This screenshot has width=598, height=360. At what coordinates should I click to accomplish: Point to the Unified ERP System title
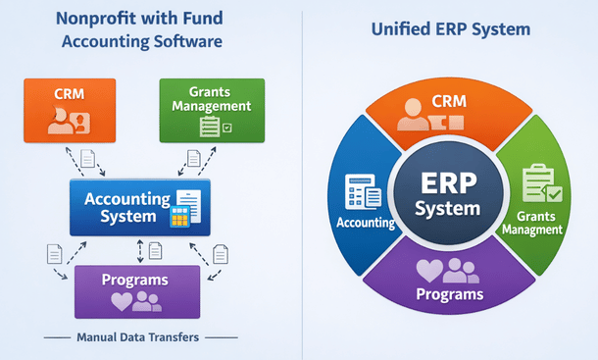click(451, 30)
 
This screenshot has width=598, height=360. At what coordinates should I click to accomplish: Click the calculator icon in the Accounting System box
click(180, 218)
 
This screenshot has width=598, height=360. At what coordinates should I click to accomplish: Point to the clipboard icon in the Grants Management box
click(209, 126)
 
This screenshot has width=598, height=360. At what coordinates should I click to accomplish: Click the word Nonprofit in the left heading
click(89, 19)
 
